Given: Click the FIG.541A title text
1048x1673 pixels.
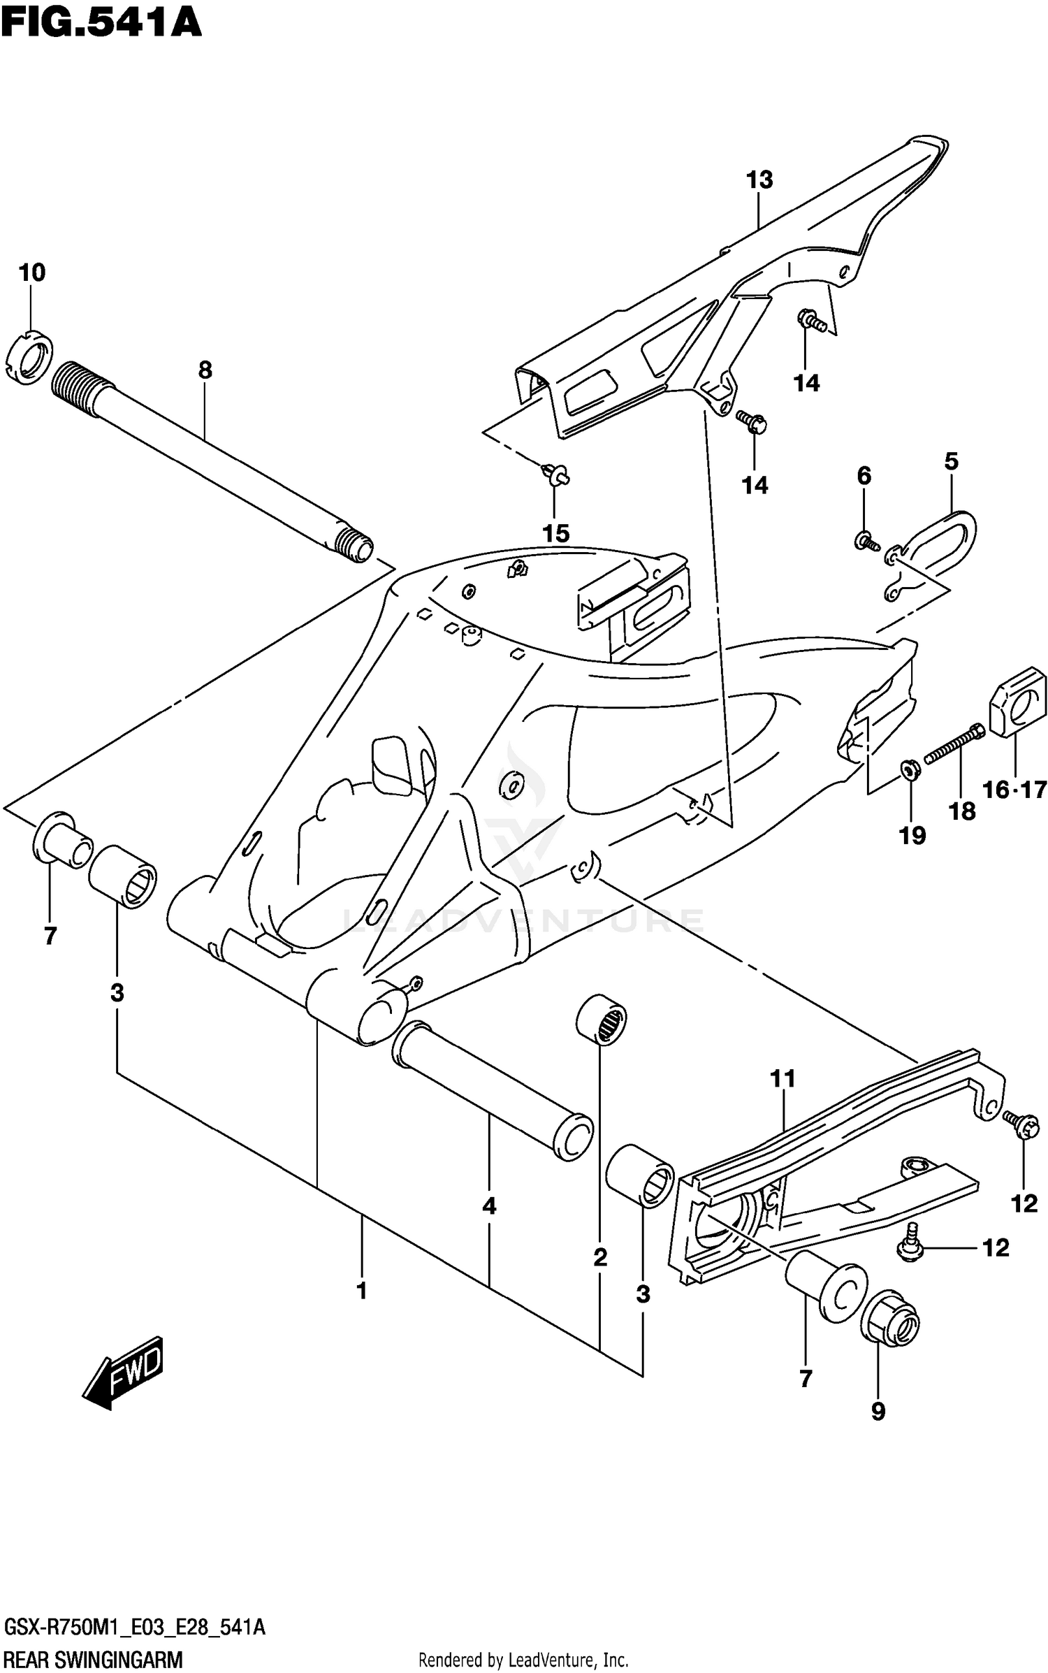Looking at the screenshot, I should [101, 22].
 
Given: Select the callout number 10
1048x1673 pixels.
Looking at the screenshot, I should [32, 273].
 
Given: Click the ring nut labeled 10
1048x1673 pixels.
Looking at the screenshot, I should [33, 356].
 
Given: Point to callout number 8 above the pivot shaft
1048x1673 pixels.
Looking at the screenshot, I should [205, 370].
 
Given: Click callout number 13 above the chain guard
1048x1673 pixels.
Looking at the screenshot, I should [759, 180].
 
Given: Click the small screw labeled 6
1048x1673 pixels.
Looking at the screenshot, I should [864, 539].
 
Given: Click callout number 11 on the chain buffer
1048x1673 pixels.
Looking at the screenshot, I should [783, 1079].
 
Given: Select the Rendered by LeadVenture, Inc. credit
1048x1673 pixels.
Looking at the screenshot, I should [523, 1653].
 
